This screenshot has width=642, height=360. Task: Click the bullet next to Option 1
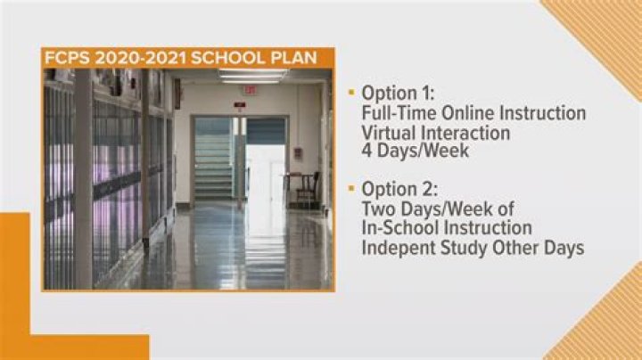(351, 94)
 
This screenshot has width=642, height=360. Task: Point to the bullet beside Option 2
(351, 189)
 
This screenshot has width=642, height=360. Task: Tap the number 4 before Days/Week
(367, 151)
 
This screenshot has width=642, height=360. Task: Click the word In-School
(400, 228)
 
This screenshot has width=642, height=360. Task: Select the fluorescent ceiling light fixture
(252, 77)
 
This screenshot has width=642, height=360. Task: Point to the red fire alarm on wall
(298, 153)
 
